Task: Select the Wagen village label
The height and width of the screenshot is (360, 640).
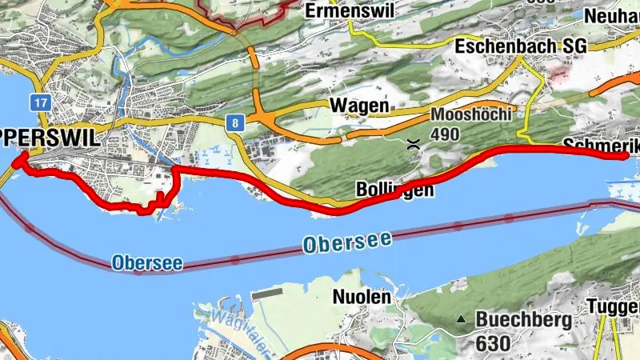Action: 359,106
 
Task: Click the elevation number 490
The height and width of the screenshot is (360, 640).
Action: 445,134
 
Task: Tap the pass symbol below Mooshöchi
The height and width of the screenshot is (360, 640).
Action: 414,145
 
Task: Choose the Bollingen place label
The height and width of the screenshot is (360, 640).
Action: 394,190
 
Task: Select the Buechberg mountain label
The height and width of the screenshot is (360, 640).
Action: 524,320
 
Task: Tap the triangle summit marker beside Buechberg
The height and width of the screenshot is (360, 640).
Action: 461,320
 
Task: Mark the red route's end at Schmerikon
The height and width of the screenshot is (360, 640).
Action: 625,157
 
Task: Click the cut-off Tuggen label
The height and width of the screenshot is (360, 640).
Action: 613,306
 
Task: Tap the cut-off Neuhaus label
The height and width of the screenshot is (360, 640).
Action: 612,16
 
